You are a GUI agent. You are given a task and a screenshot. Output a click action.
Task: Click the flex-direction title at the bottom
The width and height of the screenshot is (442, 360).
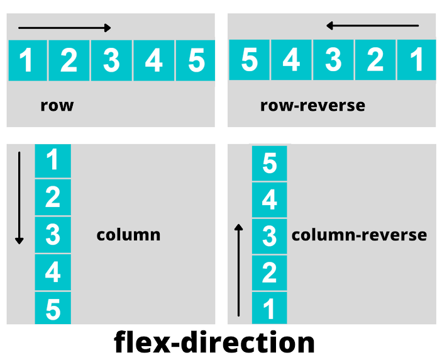click(214, 343)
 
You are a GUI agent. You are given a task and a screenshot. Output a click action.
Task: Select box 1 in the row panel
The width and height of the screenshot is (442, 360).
click(27, 60)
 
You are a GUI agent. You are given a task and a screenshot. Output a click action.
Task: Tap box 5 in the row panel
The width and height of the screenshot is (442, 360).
click(196, 60)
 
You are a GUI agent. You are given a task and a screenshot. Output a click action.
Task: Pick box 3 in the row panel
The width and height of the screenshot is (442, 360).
click(111, 60)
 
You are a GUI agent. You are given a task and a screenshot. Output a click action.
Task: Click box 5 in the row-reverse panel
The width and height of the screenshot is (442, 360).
click(249, 60)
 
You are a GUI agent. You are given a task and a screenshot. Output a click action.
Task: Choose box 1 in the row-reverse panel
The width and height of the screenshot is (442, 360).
click(416, 60)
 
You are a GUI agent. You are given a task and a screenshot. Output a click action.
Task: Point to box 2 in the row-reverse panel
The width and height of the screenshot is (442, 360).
click(375, 60)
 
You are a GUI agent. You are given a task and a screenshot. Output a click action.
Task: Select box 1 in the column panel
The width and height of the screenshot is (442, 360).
click(53, 160)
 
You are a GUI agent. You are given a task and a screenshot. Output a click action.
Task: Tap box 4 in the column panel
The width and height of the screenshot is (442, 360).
click(53, 273)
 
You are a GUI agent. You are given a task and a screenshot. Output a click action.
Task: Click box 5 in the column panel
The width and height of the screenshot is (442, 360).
click(53, 308)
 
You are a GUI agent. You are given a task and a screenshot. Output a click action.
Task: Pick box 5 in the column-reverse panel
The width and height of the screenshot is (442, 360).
click(269, 164)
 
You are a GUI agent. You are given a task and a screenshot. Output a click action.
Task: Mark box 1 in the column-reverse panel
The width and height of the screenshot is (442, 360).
click(269, 309)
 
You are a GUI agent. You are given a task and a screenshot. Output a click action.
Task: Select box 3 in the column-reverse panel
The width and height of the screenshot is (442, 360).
click(269, 237)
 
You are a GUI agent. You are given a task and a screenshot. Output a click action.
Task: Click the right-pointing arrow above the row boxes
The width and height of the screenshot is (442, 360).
click(65, 28)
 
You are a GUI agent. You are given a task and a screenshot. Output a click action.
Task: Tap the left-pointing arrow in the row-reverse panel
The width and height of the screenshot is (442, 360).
click(372, 26)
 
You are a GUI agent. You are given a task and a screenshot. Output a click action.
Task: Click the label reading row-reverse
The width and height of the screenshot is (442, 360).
click(312, 105)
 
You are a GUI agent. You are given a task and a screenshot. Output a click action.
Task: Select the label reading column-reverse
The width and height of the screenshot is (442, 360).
click(359, 235)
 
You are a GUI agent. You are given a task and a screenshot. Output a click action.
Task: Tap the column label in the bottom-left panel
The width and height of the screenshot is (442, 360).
click(128, 235)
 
